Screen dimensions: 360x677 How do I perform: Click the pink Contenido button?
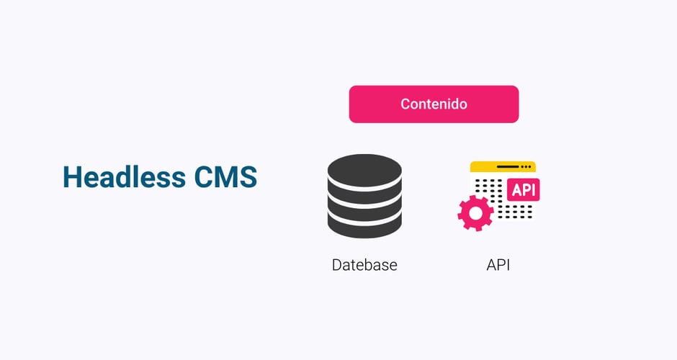tap(434, 104)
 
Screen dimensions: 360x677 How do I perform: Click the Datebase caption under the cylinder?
tap(364, 265)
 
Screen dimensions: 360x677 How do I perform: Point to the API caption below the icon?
tap(498, 265)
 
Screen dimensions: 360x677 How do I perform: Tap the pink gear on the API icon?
tap(475, 212)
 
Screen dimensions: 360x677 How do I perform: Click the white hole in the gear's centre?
tap(475, 212)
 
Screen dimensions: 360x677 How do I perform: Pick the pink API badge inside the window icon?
tap(523, 189)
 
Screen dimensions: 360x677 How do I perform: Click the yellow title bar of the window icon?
tap(502, 167)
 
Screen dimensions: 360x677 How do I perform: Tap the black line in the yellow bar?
tap(507, 167)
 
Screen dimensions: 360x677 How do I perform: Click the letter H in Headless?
tap(71, 177)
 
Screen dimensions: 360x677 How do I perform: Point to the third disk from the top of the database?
tap(364, 208)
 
